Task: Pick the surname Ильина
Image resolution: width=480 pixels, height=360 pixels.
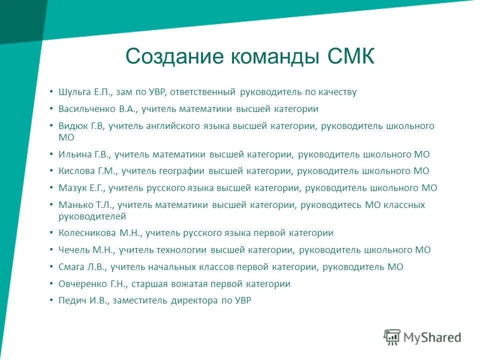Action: tap(73, 154)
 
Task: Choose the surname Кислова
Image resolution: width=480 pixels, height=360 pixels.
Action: tap(75, 171)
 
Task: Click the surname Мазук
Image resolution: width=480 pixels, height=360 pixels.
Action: tap(72, 188)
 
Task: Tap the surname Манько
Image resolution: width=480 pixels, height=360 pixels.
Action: tap(74, 205)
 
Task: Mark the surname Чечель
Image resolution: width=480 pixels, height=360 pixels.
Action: tap(74, 250)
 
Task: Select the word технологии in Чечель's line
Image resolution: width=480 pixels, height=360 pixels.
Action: tap(184, 250)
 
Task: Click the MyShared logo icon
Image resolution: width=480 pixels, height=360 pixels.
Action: tap(392, 337)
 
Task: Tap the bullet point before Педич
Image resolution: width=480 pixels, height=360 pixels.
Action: tap(51, 300)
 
